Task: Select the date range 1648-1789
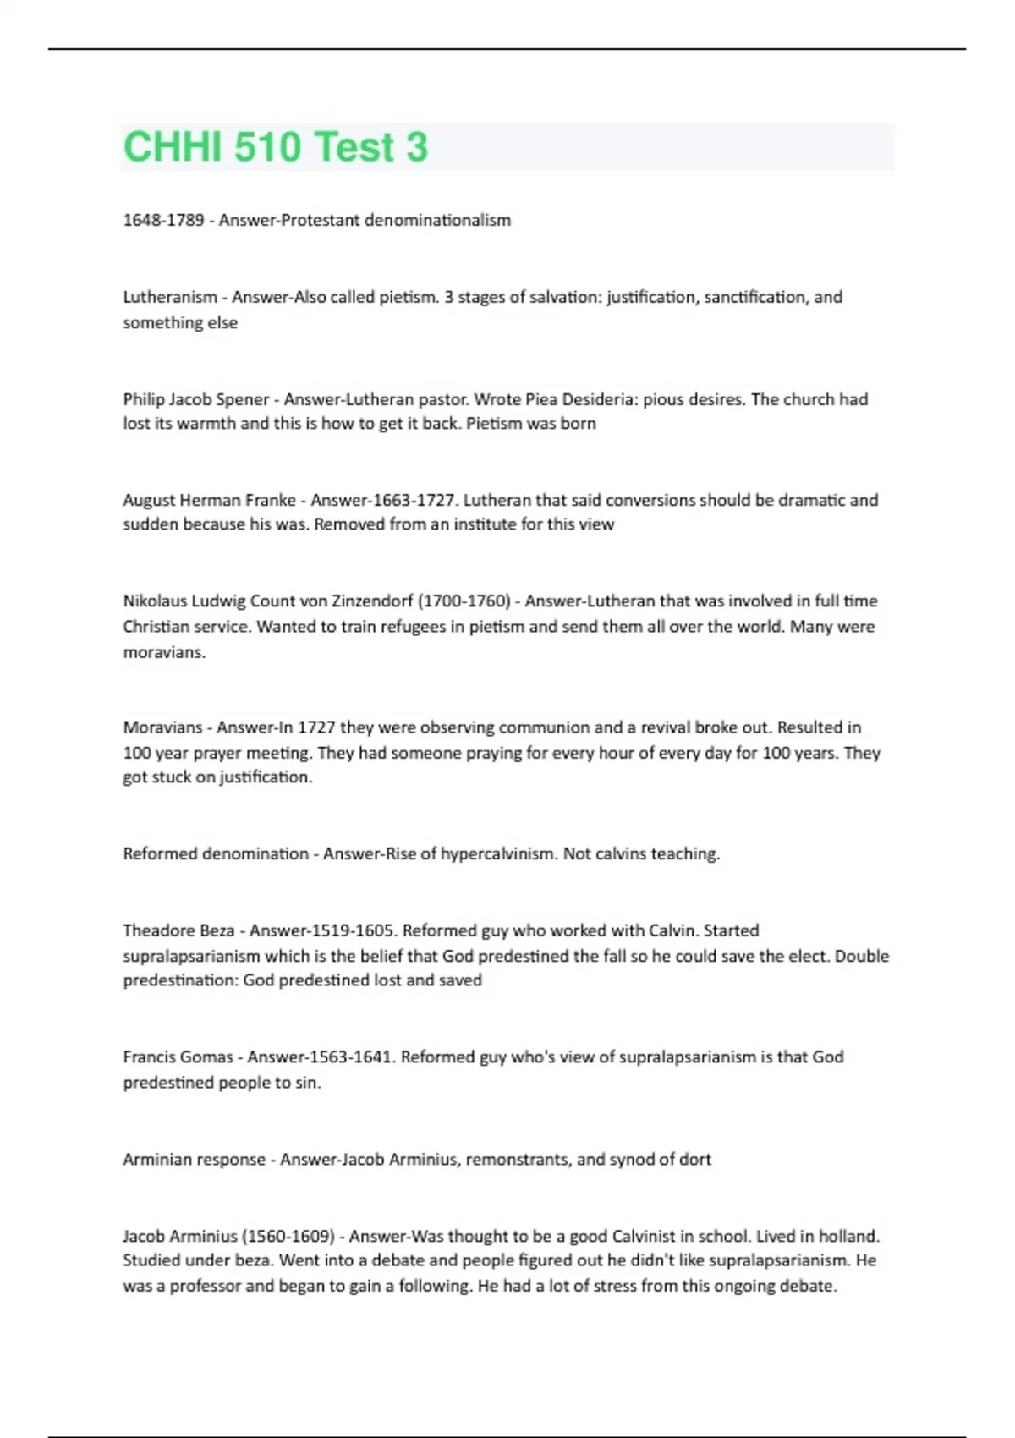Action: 163,220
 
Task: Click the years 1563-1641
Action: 350,1057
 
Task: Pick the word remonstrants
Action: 518,1160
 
